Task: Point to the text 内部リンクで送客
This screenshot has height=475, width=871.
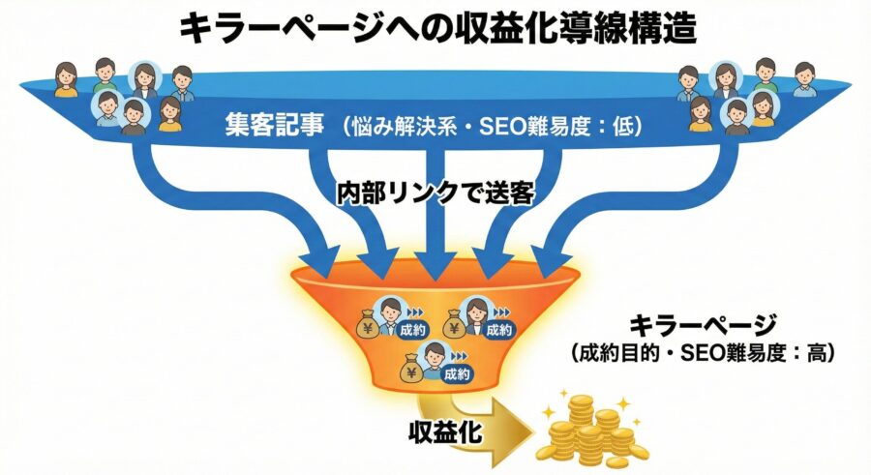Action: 435,191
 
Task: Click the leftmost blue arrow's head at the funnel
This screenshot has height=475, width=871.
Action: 326,256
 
